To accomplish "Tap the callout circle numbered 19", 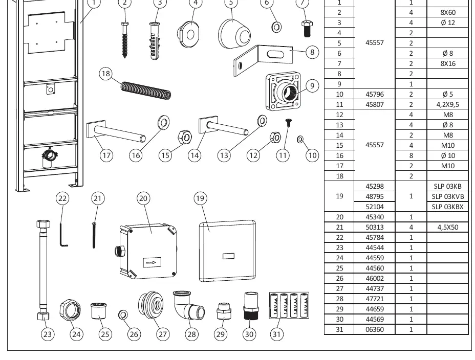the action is tap(200, 198).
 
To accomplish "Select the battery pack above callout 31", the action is tap(289, 305).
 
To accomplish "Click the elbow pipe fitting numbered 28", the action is tap(188, 306).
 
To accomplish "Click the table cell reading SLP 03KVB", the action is tap(447, 196).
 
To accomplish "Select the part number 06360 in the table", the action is tap(375, 329).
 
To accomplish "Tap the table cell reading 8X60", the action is tap(448, 12).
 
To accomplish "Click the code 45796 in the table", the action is tap(375, 94).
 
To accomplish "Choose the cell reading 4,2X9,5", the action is tap(447, 104).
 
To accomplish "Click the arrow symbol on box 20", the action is tap(152, 263).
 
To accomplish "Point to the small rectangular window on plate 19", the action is tap(228, 256).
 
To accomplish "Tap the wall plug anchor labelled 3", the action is tap(155, 41).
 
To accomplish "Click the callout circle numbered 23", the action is tap(48, 334).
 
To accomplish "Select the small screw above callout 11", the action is tap(288, 122).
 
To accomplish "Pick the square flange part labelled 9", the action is tap(284, 91).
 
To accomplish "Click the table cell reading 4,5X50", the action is tap(448, 227).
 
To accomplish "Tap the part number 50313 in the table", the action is tap(375, 227).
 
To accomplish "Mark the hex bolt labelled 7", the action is tap(307, 29).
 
